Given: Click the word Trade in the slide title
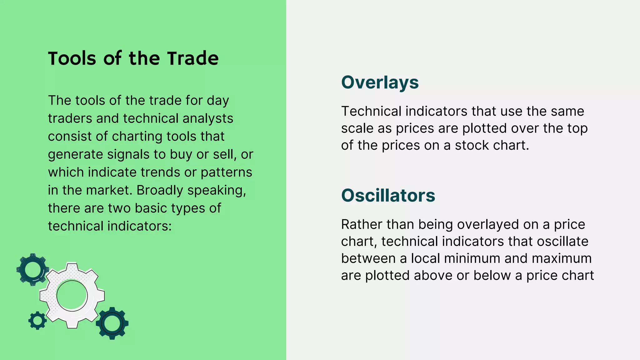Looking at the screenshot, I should click(x=192, y=58).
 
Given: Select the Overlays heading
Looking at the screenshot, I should click(x=380, y=82).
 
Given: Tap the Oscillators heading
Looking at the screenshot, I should click(x=388, y=196).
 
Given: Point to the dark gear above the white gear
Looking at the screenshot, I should click(x=32, y=269).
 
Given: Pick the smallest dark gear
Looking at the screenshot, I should click(x=37, y=320).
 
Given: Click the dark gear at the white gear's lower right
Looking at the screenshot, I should click(x=112, y=323).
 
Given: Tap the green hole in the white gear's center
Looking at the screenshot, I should click(x=72, y=296).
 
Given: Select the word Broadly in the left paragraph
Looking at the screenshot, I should click(x=160, y=190).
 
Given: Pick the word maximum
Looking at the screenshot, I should click(x=562, y=258).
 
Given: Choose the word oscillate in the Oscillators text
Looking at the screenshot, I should click(x=562, y=242).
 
